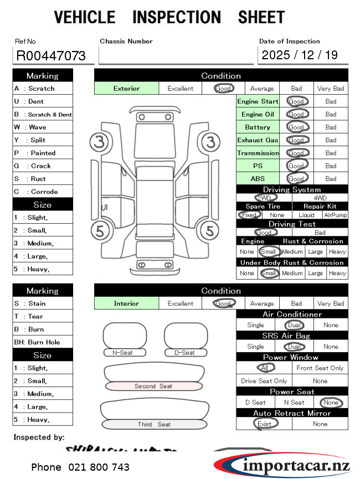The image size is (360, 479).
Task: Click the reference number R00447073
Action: tap(51, 55)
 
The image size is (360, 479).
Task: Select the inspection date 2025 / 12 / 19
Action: tap(300, 55)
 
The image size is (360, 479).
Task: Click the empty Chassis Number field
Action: tap(176, 55)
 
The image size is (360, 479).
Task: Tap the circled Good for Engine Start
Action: tap(296, 101)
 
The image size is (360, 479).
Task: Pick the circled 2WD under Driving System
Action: tap(264, 198)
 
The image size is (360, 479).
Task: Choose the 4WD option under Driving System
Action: tap(320, 198)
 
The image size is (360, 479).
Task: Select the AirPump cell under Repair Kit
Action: tap(336, 215)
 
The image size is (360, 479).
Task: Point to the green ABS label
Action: tap(258, 179)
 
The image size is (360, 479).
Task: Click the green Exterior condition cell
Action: tap(127, 88)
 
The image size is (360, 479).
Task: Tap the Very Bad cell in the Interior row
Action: tap(331, 303)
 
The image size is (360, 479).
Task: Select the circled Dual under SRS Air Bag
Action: tap(293, 347)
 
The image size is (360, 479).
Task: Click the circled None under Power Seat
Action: tap(331, 403)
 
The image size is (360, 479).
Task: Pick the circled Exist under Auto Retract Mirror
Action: tap(264, 424)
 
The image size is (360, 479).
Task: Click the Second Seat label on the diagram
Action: tap(153, 386)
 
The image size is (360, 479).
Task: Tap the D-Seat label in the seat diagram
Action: tap(184, 352)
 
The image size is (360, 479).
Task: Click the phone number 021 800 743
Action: tap(80, 467)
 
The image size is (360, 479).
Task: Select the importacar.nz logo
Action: tap(282, 464)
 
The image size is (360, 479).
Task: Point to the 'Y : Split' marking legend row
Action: tap(43, 140)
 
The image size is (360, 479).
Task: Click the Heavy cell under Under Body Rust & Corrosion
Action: tap(337, 273)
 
